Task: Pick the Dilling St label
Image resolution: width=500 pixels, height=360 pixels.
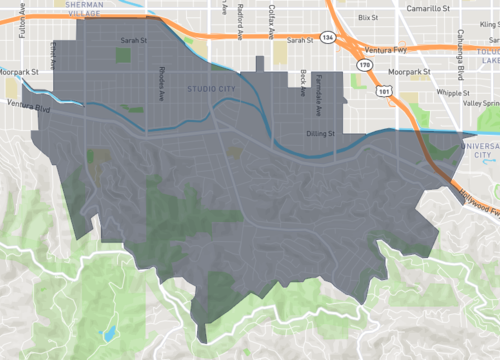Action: pos(324,132)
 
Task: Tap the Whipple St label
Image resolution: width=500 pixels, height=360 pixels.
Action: pos(426,92)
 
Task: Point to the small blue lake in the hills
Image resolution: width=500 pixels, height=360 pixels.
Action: pos(110,331)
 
